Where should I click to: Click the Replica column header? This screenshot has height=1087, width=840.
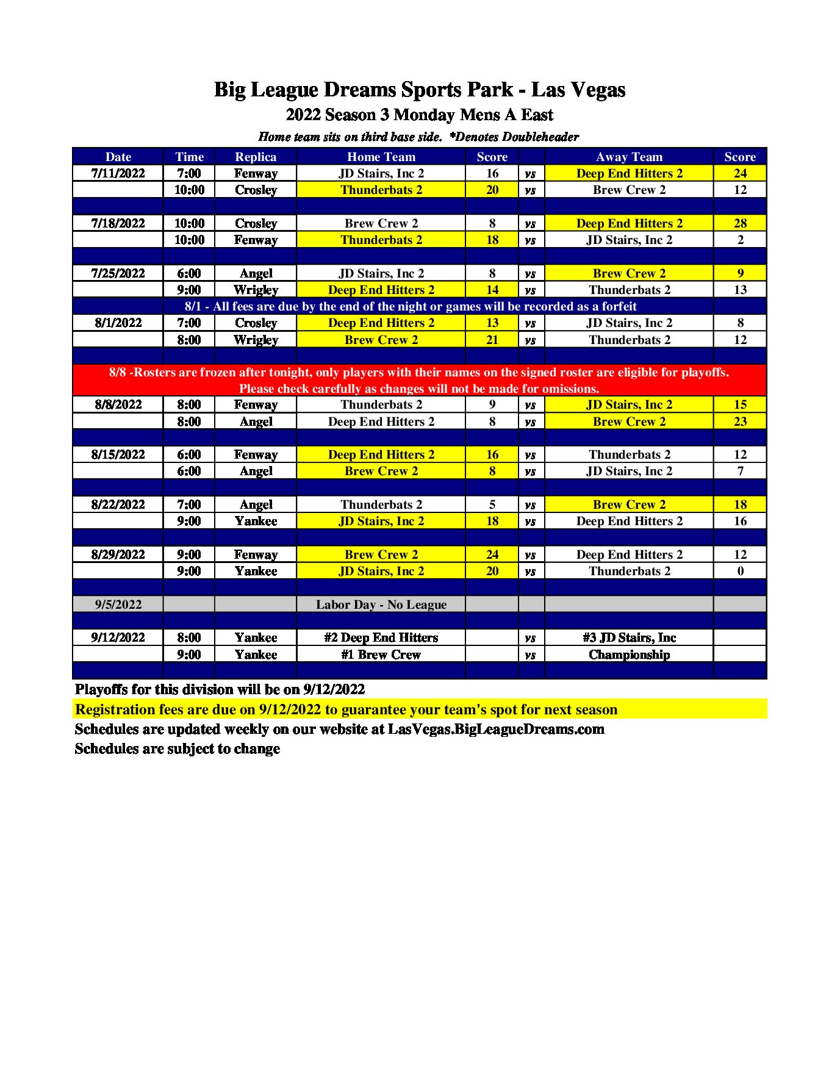pos(256,157)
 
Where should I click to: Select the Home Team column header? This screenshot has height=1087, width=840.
pos(381,157)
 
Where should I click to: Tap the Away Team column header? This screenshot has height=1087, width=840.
pos(629,157)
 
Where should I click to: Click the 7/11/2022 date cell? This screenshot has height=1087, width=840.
pos(118,173)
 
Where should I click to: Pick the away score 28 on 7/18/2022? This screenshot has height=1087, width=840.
pos(740,223)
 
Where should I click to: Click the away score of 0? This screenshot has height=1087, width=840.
pos(740,571)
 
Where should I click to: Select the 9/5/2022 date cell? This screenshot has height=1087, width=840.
pos(118,604)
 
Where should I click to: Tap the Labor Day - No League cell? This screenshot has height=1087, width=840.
pos(381,604)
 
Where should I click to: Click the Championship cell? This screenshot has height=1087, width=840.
pos(629,655)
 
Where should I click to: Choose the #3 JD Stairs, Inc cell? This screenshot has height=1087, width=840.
pos(629,637)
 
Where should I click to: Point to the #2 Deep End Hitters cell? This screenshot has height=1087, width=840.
pos(381,637)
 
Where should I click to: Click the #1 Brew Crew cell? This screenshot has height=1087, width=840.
pos(381,655)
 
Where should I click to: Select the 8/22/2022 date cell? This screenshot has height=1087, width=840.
pos(118,504)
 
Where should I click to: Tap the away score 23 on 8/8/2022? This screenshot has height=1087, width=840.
pos(740,422)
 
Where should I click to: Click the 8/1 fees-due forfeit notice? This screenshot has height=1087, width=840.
pos(411,306)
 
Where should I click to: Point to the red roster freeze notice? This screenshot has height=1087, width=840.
pos(419,380)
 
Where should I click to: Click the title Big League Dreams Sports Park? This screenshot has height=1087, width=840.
pos(419,90)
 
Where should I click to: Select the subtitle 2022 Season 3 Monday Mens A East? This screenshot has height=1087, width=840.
pos(419,115)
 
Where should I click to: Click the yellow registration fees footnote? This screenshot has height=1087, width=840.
pos(346,709)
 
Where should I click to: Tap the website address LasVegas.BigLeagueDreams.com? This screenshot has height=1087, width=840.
pos(496,729)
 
